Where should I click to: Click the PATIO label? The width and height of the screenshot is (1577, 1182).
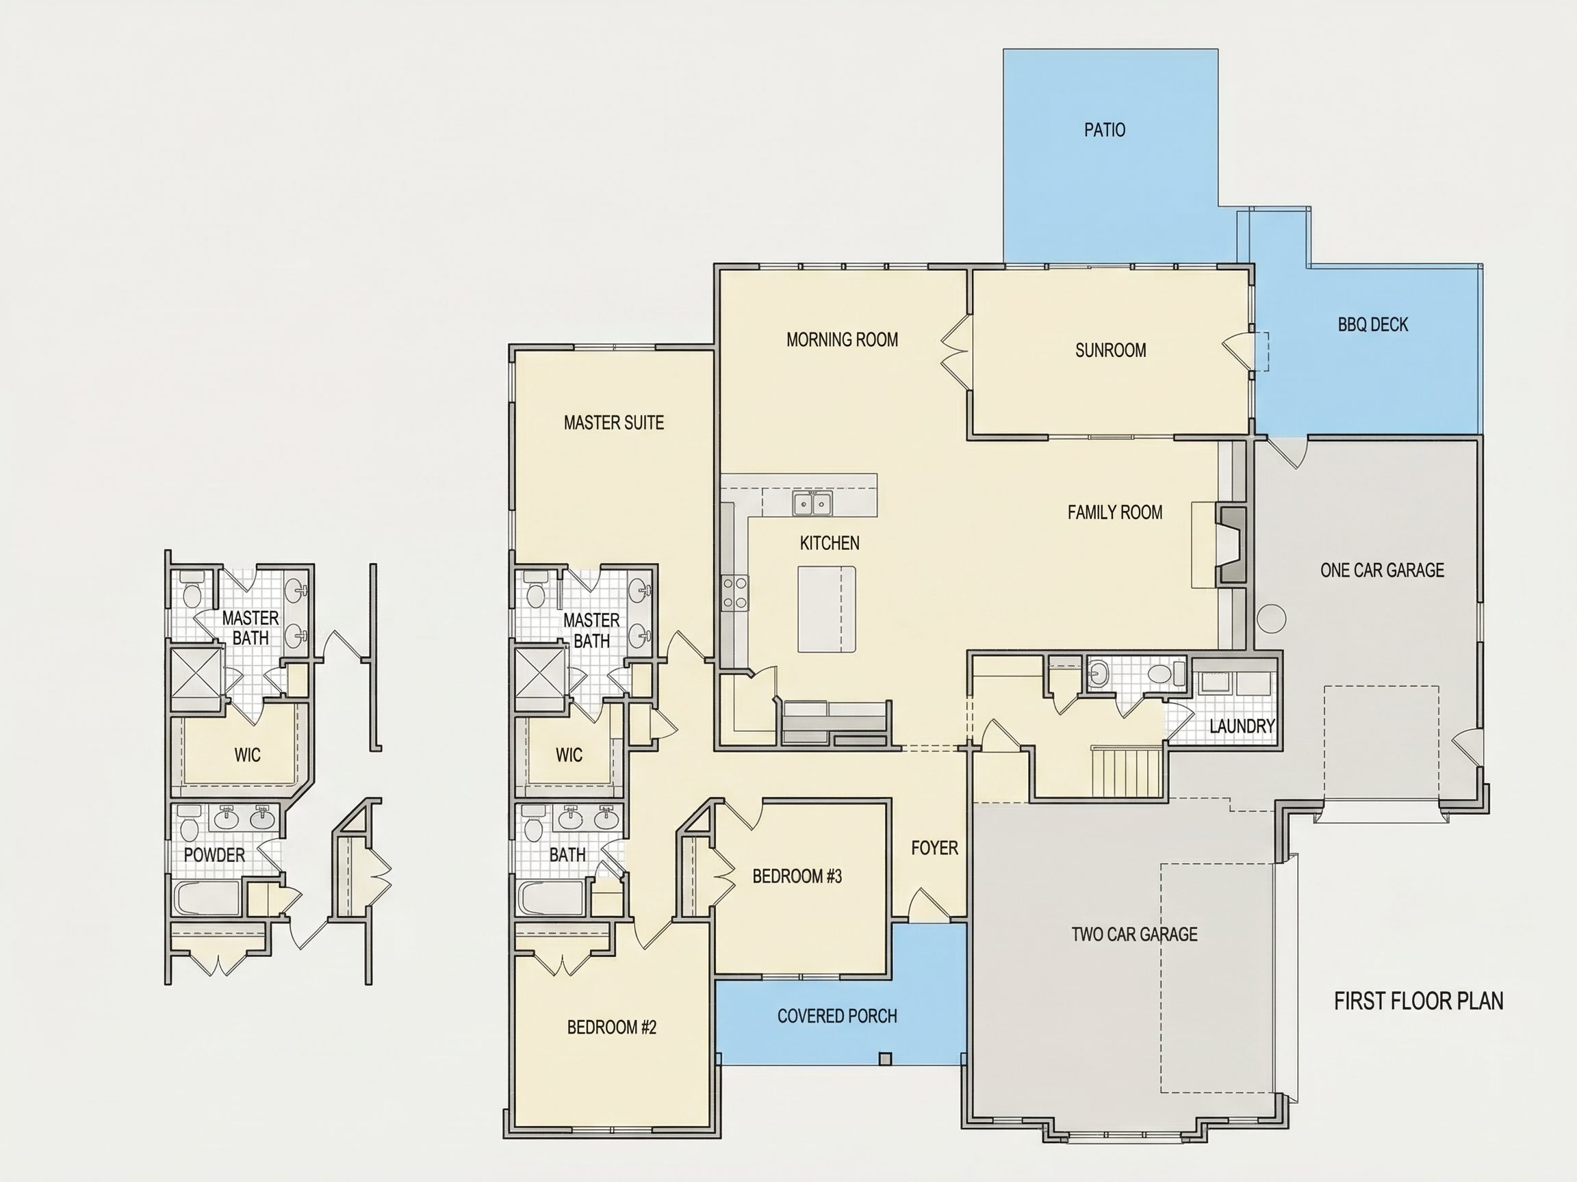(x=1104, y=130)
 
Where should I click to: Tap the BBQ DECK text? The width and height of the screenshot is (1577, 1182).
(x=1372, y=325)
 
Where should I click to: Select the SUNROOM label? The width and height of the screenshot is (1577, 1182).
(x=1110, y=350)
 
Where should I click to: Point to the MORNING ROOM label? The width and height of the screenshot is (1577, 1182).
(x=842, y=340)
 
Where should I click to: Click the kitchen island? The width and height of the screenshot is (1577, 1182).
(x=826, y=609)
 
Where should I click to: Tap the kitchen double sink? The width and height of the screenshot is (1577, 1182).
(x=812, y=503)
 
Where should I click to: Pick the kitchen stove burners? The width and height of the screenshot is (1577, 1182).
(x=735, y=593)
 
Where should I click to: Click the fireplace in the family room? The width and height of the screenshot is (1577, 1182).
(x=1231, y=545)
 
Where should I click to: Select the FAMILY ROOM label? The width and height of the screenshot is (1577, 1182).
(x=1114, y=512)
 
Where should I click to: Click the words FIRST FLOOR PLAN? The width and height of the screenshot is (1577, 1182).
(x=1418, y=1001)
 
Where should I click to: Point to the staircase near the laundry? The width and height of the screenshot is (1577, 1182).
(x=1129, y=772)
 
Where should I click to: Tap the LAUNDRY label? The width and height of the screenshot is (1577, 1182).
(x=1241, y=726)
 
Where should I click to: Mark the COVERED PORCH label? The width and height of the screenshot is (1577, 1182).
(x=837, y=1016)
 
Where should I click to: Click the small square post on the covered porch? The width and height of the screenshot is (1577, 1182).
(x=885, y=1059)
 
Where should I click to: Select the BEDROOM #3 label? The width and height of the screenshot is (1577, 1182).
(x=797, y=876)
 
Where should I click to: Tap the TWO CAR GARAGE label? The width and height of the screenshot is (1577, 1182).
(x=1134, y=934)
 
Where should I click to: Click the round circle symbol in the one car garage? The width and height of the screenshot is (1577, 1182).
(x=1271, y=618)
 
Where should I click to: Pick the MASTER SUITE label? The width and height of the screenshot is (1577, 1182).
(x=613, y=423)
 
